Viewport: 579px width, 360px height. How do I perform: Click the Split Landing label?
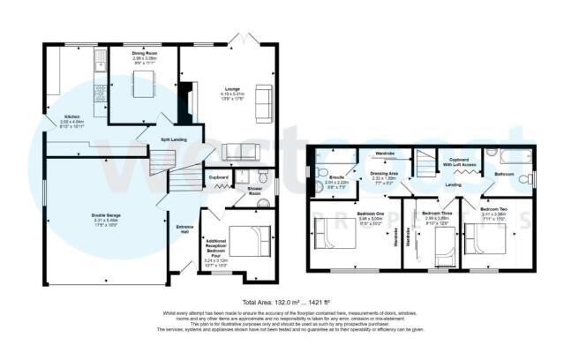click(172, 139)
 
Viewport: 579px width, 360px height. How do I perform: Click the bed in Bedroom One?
click(327, 240)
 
